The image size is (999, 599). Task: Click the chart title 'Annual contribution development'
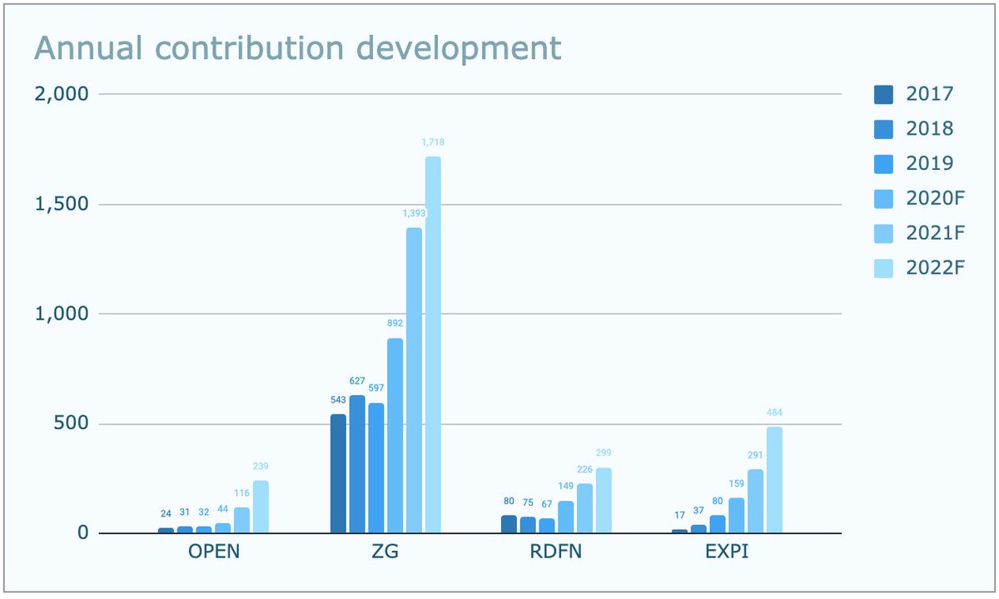(x=297, y=48)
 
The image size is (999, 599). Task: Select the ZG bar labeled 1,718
(x=433, y=344)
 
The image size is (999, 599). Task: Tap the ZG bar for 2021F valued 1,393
(x=414, y=380)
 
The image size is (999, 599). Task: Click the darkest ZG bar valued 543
(x=338, y=473)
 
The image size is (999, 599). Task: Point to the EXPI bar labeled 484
(x=774, y=480)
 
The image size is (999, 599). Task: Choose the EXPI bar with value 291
(x=755, y=501)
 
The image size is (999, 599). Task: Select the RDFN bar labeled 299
(x=604, y=500)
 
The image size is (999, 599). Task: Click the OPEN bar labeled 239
(x=261, y=507)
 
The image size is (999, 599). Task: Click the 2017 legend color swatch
(x=883, y=94)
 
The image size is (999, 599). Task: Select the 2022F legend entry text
(x=930, y=268)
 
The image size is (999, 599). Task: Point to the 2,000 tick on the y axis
(x=61, y=94)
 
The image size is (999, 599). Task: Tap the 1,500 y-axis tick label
(x=61, y=204)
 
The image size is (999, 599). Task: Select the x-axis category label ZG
(x=386, y=552)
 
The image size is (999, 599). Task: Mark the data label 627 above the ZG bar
(x=357, y=381)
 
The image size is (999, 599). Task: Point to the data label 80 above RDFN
(x=509, y=501)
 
